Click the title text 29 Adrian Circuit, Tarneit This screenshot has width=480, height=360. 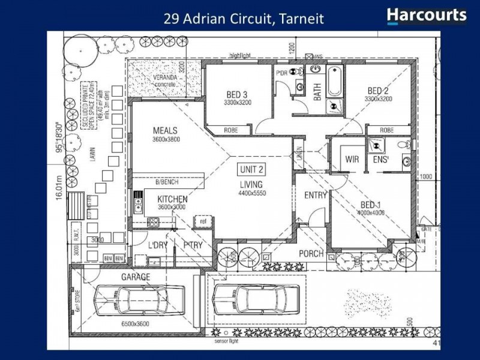point(244,19)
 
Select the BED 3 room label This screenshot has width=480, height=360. point(237,94)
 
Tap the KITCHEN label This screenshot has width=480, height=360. point(173,199)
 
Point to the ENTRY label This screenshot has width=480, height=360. point(315,196)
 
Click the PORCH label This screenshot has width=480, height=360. point(311,254)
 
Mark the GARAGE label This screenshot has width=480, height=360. point(136,277)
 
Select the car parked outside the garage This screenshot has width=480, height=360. point(256,298)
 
